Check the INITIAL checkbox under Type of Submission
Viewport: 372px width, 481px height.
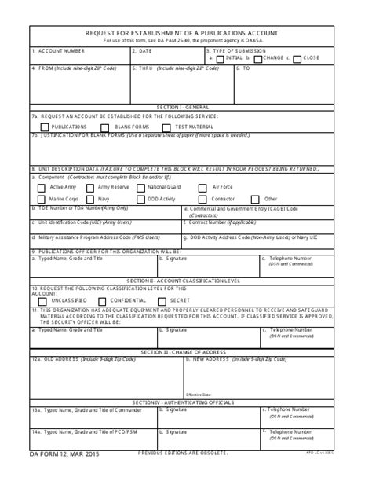pos(220,58)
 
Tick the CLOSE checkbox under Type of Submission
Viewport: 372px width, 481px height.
pos(297,58)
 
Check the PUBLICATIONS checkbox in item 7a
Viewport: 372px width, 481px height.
pos(45,127)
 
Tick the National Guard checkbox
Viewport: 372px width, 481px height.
pos(140,188)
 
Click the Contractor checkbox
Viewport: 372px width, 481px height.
pos(204,200)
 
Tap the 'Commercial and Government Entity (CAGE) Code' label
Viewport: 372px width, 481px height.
pos(243,209)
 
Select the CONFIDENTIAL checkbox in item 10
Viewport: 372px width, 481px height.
pos(103,300)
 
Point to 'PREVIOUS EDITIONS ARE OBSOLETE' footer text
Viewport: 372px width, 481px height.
pos(183,453)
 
